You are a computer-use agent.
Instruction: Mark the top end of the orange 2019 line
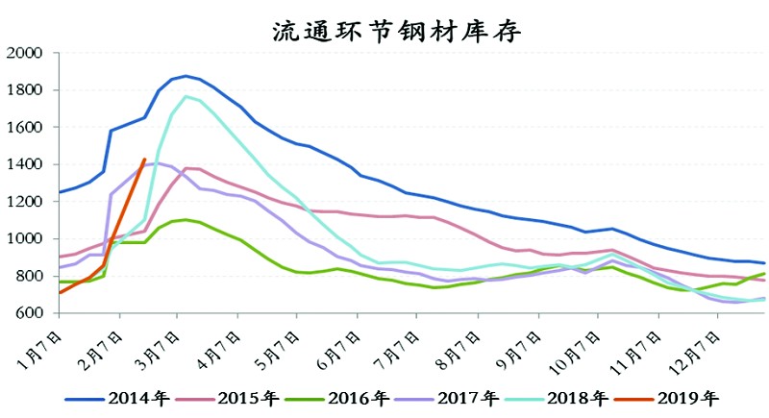click(x=144, y=160)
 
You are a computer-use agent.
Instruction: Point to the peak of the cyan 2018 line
click(x=186, y=96)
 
